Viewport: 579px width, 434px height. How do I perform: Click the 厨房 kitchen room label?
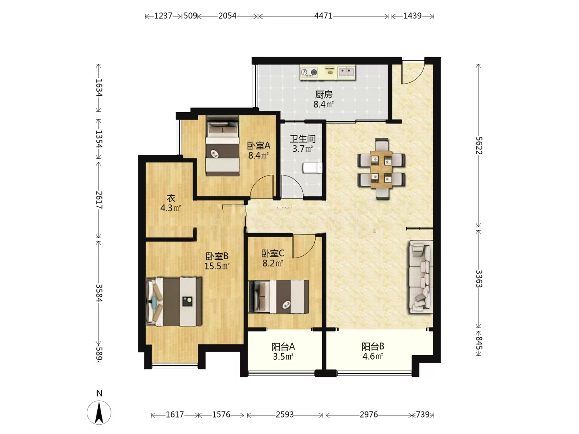pyautogui.click(x=323, y=94)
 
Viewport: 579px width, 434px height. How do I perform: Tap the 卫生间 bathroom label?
pyautogui.click(x=302, y=139)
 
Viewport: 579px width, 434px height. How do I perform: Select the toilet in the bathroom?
pyautogui.click(x=312, y=168)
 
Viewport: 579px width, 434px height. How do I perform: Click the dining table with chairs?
pyautogui.click(x=381, y=169)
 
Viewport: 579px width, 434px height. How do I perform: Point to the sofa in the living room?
pyautogui.click(x=421, y=276)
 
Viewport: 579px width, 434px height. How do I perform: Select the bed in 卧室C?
pyautogui.click(x=279, y=297)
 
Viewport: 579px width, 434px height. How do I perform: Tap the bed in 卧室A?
pyautogui.click(x=223, y=146)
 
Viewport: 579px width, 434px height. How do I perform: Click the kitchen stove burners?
pyautogui.click(x=309, y=72)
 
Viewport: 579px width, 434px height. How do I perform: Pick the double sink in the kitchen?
pyautogui.click(x=346, y=72)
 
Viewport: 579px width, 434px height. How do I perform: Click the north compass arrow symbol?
pyautogui.click(x=99, y=413)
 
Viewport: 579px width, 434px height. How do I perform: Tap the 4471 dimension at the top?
pyautogui.click(x=323, y=16)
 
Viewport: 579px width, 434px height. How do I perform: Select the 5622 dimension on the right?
pyautogui.click(x=478, y=145)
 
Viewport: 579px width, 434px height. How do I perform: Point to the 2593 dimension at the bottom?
pyautogui.click(x=285, y=414)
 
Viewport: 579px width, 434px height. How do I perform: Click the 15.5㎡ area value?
pyautogui.click(x=217, y=266)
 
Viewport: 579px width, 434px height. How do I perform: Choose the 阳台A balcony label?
pyautogui.click(x=283, y=346)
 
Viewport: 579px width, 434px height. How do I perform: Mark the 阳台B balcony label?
pyautogui.click(x=373, y=346)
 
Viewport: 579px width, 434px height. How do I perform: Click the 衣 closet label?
pyautogui.click(x=171, y=198)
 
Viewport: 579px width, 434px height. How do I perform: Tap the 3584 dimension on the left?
pyautogui.click(x=99, y=293)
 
